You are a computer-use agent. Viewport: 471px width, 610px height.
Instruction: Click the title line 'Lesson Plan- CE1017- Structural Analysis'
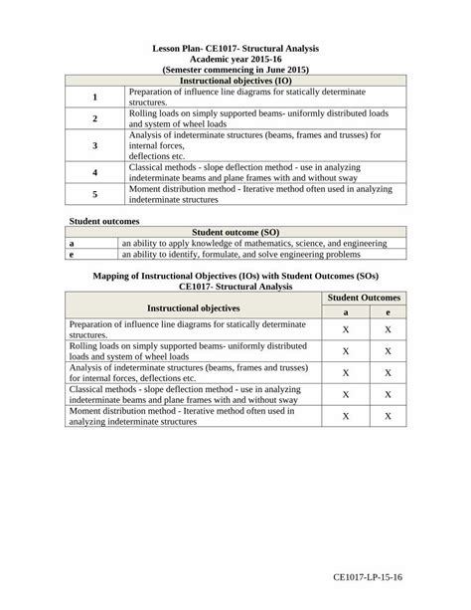tap(235, 48)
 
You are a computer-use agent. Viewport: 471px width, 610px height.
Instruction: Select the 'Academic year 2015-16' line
tap(235, 59)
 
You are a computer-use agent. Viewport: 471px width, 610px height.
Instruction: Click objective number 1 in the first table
tap(95, 97)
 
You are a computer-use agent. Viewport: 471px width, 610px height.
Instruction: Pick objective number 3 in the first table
tap(95, 145)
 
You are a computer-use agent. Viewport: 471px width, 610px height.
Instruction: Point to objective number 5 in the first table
tap(95, 194)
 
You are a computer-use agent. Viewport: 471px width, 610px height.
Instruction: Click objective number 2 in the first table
tap(95, 118)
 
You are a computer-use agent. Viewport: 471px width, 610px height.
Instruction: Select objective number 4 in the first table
tap(95, 172)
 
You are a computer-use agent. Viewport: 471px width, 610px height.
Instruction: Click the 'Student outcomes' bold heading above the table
tap(103, 219)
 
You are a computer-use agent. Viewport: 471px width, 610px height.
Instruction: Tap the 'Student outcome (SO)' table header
tap(235, 231)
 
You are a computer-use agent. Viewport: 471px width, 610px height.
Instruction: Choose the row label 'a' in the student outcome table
tap(72, 242)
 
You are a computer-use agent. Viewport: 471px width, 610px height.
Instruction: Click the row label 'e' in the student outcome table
tap(72, 254)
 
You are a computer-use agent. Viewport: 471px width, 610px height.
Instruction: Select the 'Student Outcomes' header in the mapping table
tap(364, 298)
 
